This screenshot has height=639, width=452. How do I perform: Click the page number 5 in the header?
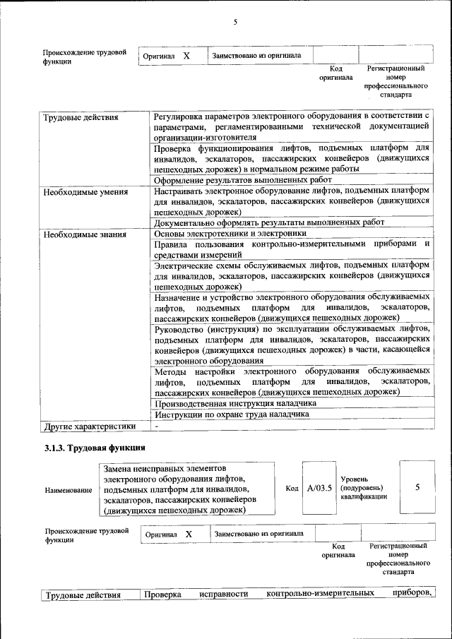[235, 23]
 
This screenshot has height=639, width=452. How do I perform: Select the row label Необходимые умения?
[85, 191]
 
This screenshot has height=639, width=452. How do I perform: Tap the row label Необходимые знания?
[85, 234]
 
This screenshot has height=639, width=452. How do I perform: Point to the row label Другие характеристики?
[89, 426]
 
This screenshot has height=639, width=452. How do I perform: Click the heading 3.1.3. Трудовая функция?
[95, 448]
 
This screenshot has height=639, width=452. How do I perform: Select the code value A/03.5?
[319, 488]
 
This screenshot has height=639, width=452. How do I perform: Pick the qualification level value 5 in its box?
[417, 487]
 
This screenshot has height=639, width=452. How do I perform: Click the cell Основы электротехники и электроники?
[230, 233]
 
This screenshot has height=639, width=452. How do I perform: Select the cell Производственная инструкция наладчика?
[234, 402]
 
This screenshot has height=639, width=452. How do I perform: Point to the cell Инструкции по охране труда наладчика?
[232, 414]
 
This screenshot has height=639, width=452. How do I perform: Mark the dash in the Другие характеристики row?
[157, 426]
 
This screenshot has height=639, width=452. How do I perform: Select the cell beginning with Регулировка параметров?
[292, 126]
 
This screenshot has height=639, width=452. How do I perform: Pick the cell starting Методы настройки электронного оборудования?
[292, 381]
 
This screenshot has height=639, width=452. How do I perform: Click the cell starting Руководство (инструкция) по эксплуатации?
[292, 345]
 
